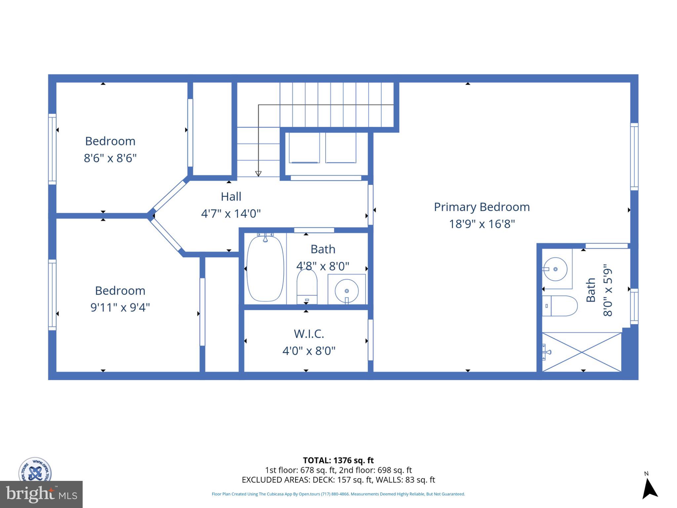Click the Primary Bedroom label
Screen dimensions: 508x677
[482, 207]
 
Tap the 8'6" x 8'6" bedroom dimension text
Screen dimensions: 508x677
[110, 158]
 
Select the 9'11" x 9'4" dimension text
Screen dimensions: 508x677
[120, 308]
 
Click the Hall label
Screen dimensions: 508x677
[231, 196]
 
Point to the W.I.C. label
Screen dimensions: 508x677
[309, 334]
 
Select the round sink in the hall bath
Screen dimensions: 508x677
[346, 291]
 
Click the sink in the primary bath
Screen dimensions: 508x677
[556, 269]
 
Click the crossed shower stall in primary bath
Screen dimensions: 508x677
[582, 352]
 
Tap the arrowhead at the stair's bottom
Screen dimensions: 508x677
[258, 174]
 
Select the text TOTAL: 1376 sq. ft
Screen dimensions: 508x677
[338, 460]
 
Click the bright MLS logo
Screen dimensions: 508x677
[41, 494]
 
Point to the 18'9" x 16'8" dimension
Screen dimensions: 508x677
[482, 224]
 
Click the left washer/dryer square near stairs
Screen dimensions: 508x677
[304, 148]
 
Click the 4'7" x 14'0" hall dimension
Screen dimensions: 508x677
[231, 214]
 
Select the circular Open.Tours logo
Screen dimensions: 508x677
[35, 470]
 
